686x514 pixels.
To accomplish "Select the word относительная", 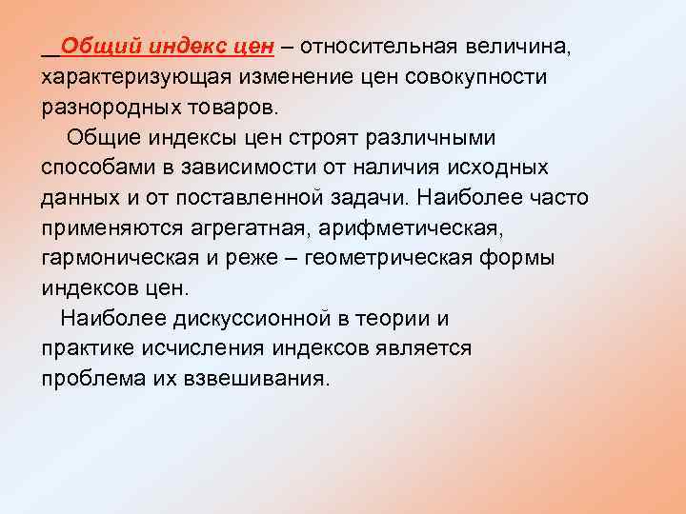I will click(x=382, y=46).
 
